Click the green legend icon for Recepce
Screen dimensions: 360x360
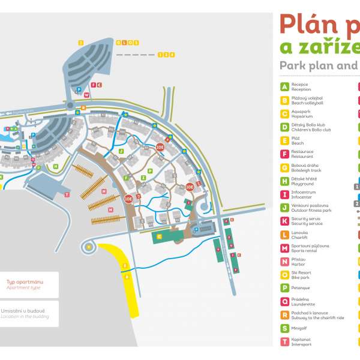284,87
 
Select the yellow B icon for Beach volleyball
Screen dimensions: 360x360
284,100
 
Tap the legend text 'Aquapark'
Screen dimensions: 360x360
300,112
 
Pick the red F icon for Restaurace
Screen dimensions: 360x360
284,154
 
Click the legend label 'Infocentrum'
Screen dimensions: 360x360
303,192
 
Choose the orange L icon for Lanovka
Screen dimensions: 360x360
284,234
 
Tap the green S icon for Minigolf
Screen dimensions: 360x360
284,328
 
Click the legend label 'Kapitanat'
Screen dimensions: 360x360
301,339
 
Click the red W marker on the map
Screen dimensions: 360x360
86,95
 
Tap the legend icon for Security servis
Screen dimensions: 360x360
284,220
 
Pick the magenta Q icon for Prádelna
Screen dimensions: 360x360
284,301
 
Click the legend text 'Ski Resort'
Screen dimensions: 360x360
302,272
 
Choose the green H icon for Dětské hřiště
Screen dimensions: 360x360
284,181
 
